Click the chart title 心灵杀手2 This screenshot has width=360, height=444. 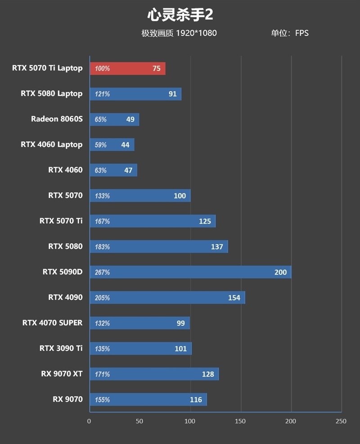180,15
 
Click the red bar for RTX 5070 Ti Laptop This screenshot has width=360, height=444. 128,68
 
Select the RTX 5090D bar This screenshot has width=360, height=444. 190,272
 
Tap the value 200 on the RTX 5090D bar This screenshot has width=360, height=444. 280,272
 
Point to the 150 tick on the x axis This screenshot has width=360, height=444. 241,421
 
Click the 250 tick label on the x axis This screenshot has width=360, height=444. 341,421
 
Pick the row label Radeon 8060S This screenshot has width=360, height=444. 57,119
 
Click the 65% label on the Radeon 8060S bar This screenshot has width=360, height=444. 101,120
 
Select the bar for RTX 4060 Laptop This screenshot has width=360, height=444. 112,145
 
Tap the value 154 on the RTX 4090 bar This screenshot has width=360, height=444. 234,298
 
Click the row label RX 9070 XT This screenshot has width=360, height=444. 61,374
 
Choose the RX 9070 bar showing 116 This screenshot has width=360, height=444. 148,399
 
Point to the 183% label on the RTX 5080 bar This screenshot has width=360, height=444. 102,247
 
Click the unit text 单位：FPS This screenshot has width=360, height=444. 290,33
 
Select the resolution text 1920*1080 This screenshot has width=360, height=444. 196,33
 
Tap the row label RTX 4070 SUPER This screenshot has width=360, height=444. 52,323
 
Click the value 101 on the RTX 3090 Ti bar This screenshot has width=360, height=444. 180,349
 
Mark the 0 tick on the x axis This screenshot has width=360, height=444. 89,421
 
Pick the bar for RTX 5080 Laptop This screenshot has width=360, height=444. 135,94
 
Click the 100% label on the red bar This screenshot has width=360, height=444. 102,69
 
